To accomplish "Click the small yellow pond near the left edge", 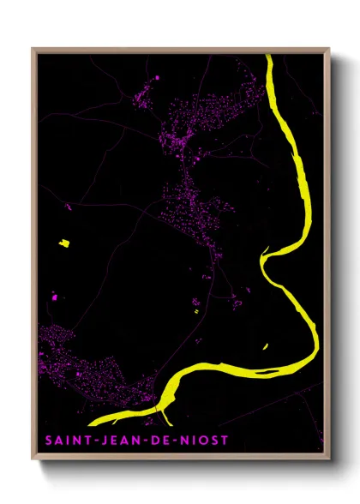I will (63, 243).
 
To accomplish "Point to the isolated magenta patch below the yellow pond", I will (54, 297).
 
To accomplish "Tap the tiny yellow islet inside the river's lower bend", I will (265, 346).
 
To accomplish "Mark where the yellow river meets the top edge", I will (268, 57).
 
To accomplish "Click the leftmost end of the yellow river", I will (91, 423).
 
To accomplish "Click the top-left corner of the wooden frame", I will (33, 49).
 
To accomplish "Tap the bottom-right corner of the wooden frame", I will (330, 452).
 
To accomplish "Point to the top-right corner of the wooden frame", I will (330, 49).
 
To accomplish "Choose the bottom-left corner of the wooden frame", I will (33, 452).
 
